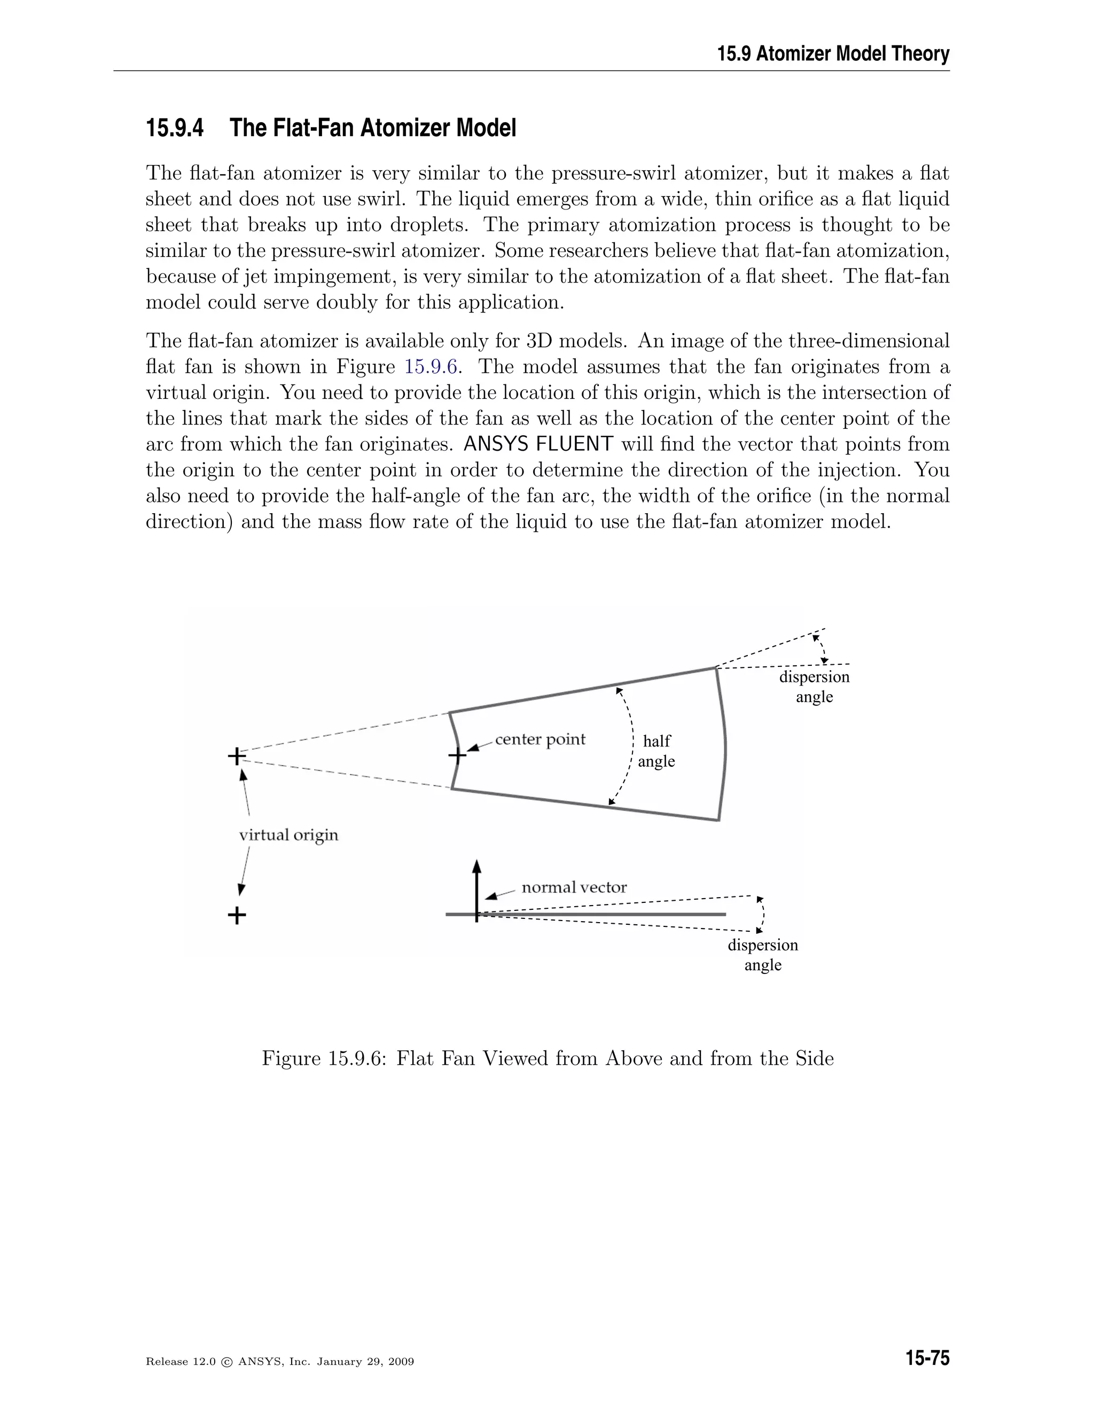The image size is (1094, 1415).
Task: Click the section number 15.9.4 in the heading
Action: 174,128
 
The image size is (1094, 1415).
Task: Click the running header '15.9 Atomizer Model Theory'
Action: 833,54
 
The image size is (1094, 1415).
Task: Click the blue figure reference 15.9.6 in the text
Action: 432,367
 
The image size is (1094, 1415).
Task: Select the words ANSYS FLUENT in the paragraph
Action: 538,444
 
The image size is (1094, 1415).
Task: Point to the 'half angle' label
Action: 656,751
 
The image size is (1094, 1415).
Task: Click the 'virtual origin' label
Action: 288,835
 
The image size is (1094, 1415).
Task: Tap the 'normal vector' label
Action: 574,887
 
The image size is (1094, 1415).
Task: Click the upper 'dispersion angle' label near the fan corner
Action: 814,687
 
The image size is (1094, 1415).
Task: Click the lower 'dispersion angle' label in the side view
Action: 763,954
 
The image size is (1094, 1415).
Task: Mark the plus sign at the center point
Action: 458,756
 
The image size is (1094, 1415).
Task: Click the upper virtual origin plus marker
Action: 237,756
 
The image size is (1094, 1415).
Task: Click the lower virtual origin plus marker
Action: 237,915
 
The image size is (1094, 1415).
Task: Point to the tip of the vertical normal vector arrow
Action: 477,863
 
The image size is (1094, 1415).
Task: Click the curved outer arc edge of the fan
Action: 724,745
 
